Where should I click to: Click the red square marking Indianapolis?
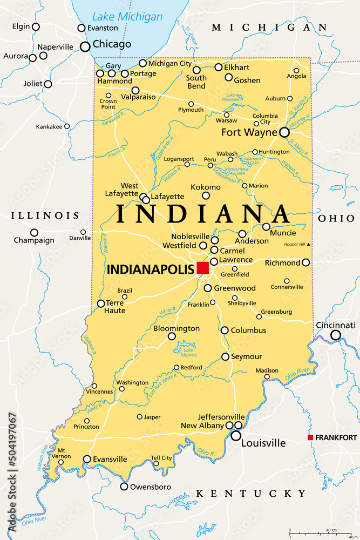coord(202,268)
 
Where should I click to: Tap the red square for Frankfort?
coord(310,437)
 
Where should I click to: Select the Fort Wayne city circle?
coord(284,132)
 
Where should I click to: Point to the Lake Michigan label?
coord(127,17)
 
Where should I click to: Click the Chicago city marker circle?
coord(85,47)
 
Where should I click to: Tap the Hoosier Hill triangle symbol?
coord(309,245)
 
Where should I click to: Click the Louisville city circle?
coord(236,435)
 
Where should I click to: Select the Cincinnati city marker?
coord(336,335)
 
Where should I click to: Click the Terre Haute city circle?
coord(101,303)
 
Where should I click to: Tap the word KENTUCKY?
coord(251,494)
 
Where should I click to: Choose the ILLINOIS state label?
coord(45,215)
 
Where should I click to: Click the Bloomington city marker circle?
coord(172,336)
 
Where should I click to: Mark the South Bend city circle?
coord(196,70)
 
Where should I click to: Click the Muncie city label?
coord(283,233)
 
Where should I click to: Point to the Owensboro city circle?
coord(124,487)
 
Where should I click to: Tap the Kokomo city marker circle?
coord(206,195)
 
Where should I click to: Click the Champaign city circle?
coord(34,233)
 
